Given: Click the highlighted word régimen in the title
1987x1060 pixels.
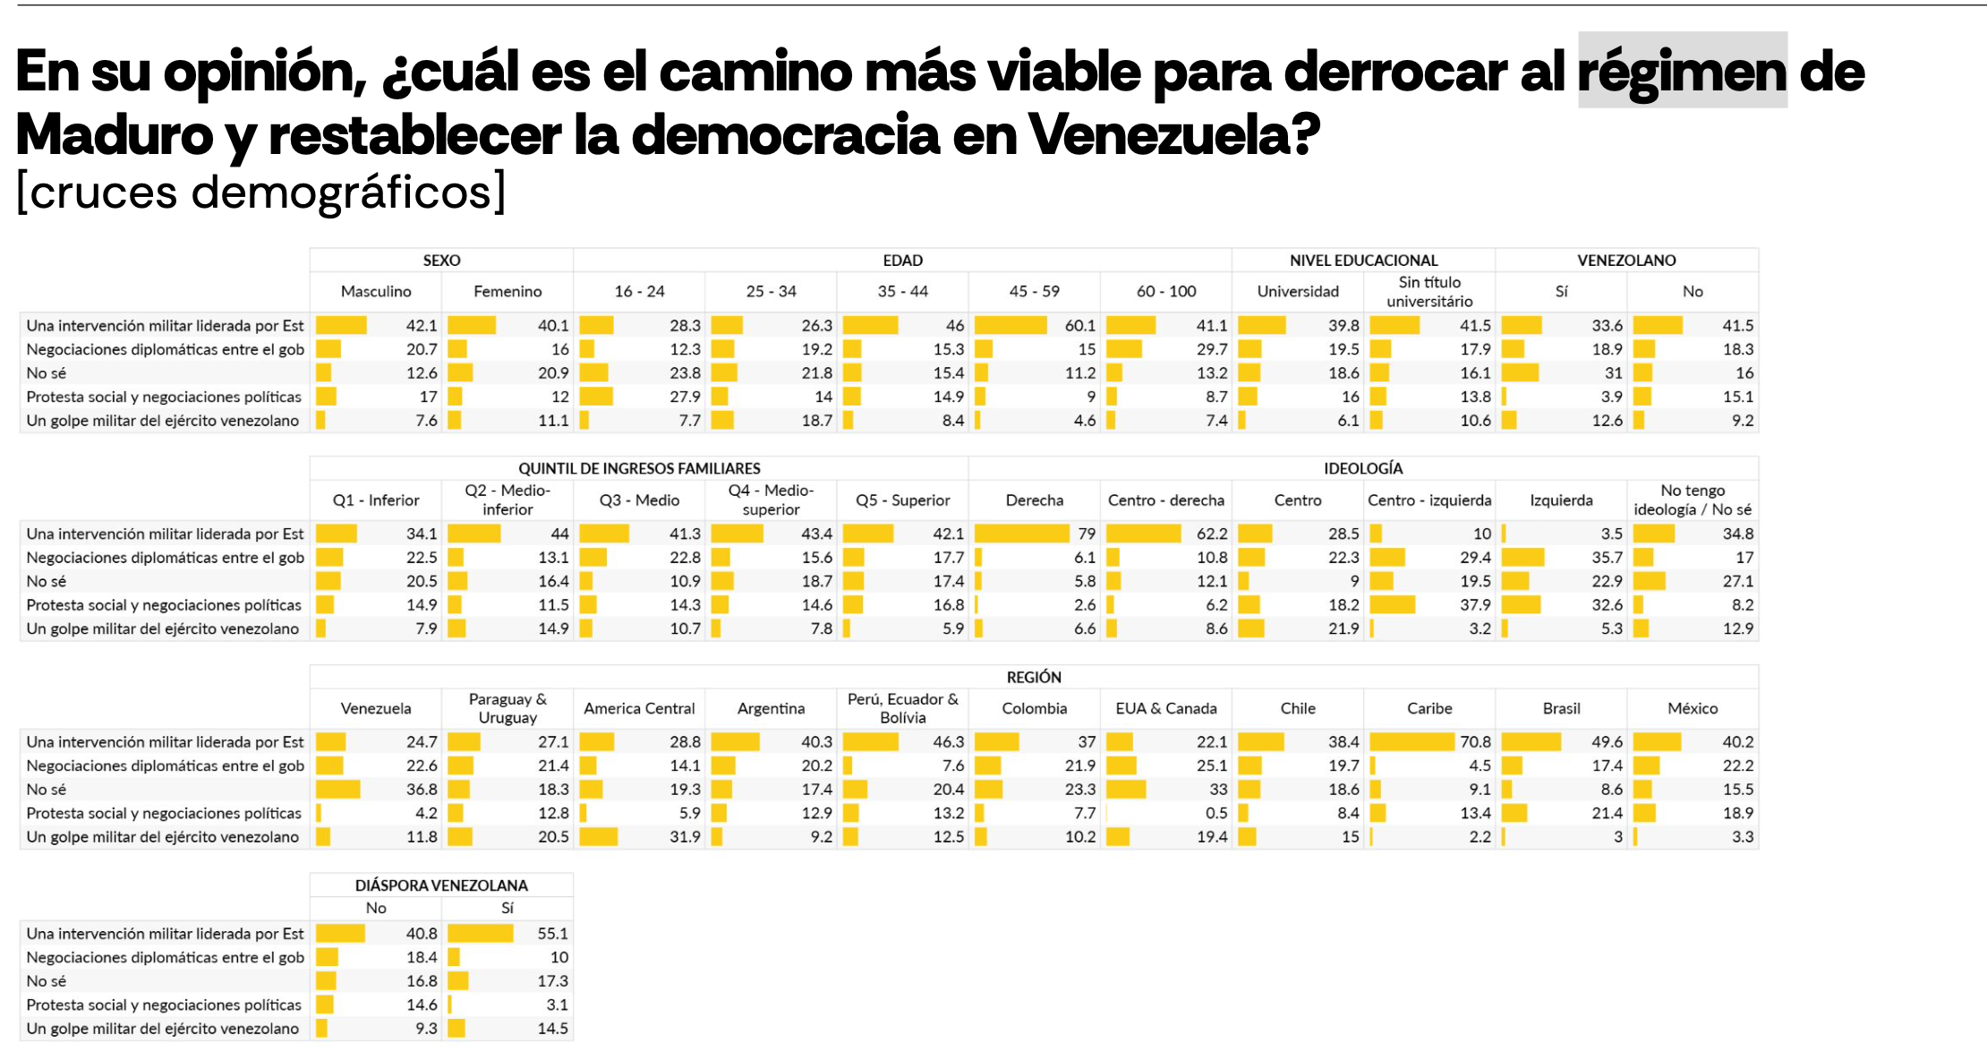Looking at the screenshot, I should tap(1682, 71).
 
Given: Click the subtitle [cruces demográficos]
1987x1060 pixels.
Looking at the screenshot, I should tap(261, 192).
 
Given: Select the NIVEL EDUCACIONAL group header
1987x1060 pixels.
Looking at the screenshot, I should tap(1363, 261).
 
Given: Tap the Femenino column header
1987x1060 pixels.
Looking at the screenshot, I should tap(507, 292).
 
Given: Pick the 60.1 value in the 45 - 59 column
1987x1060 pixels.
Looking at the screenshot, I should tap(1079, 326).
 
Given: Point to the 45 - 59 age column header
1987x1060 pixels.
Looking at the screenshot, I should tap(1034, 292).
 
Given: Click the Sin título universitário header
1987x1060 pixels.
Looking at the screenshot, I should tap(1429, 292).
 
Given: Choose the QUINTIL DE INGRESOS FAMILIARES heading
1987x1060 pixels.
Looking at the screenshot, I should tap(639, 468).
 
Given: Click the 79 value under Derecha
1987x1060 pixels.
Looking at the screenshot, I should tap(1086, 534).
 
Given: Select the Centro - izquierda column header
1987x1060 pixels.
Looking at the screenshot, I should tap(1429, 500).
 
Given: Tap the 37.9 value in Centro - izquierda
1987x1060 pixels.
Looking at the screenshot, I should tap(1474, 605).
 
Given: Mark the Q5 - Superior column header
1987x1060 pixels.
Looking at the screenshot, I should tap(902, 500).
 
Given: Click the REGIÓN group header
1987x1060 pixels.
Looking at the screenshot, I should tap(1034, 677).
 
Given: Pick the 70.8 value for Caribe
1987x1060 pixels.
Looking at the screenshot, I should tap(1475, 742).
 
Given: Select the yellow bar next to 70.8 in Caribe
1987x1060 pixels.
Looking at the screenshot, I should tap(1411, 742).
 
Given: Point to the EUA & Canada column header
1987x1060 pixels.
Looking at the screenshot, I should tap(1165, 709).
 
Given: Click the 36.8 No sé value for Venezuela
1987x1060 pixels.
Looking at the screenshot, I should tap(422, 790).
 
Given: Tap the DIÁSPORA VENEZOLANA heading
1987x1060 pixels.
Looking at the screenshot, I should tap(441, 885).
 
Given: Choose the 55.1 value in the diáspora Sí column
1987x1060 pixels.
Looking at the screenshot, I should tap(552, 934).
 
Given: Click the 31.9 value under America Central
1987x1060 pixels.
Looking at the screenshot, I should tap(685, 837).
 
